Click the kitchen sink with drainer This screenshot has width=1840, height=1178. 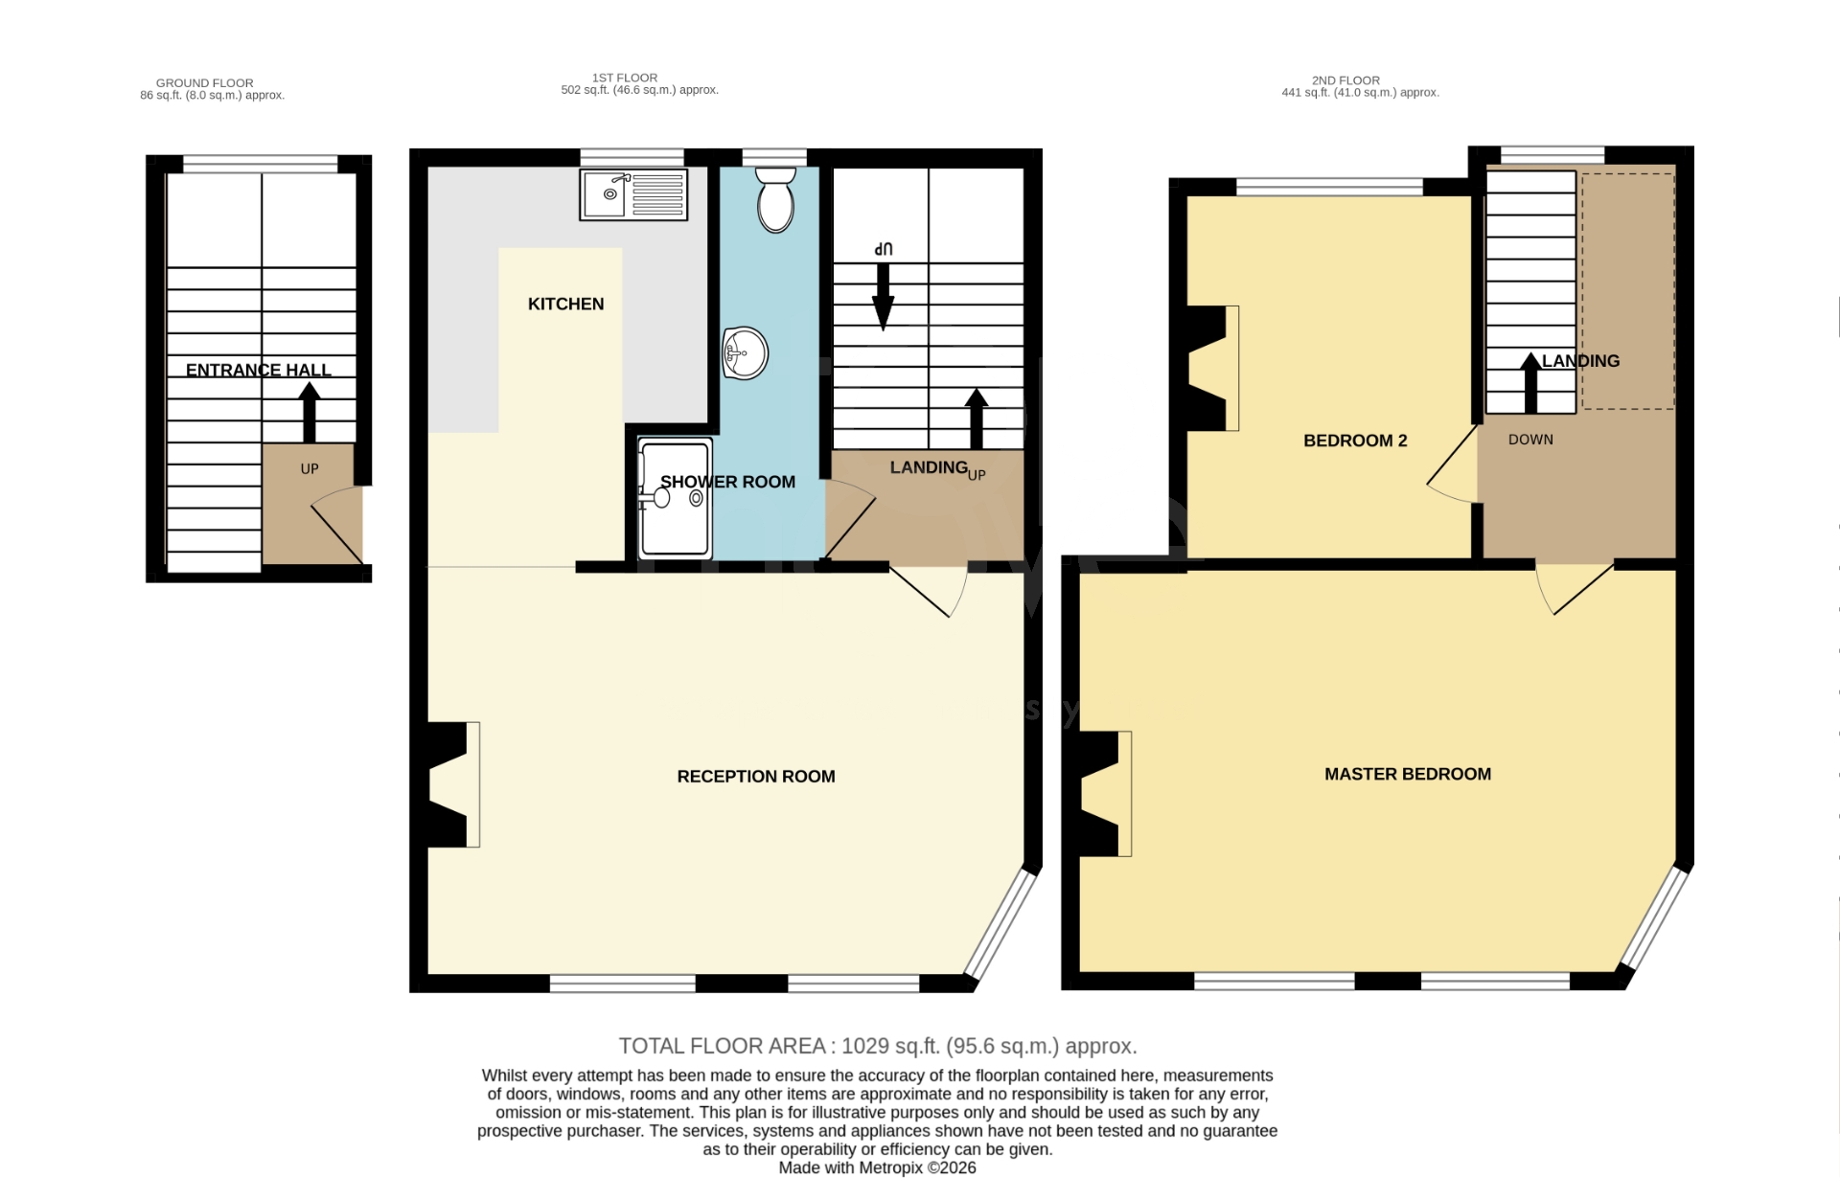pos(633,194)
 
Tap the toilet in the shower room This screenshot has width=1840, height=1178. pos(775,200)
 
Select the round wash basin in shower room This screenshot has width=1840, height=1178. pos(745,353)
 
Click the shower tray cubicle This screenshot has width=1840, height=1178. pos(676,498)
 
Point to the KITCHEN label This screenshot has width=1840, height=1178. pos(565,304)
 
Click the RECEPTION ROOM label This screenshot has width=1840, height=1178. pos(755,777)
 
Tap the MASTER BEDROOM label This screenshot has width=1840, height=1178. pos(1407,774)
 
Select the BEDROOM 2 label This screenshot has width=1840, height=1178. pos(1354,441)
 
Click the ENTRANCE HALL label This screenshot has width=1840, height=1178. pos(258,370)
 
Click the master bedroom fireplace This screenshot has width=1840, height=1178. pos(1105,793)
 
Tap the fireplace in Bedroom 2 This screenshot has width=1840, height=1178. pos(1211,368)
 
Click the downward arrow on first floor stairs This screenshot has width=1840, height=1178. pos(883,296)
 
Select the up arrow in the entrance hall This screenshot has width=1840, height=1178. pos(309,411)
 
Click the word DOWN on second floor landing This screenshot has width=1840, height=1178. pos(1529,440)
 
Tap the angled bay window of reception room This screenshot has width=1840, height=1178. pos(1000,925)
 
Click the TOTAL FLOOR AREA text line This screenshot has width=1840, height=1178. pos(877,1046)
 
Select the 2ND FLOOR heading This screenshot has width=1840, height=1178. pos(1345,80)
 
